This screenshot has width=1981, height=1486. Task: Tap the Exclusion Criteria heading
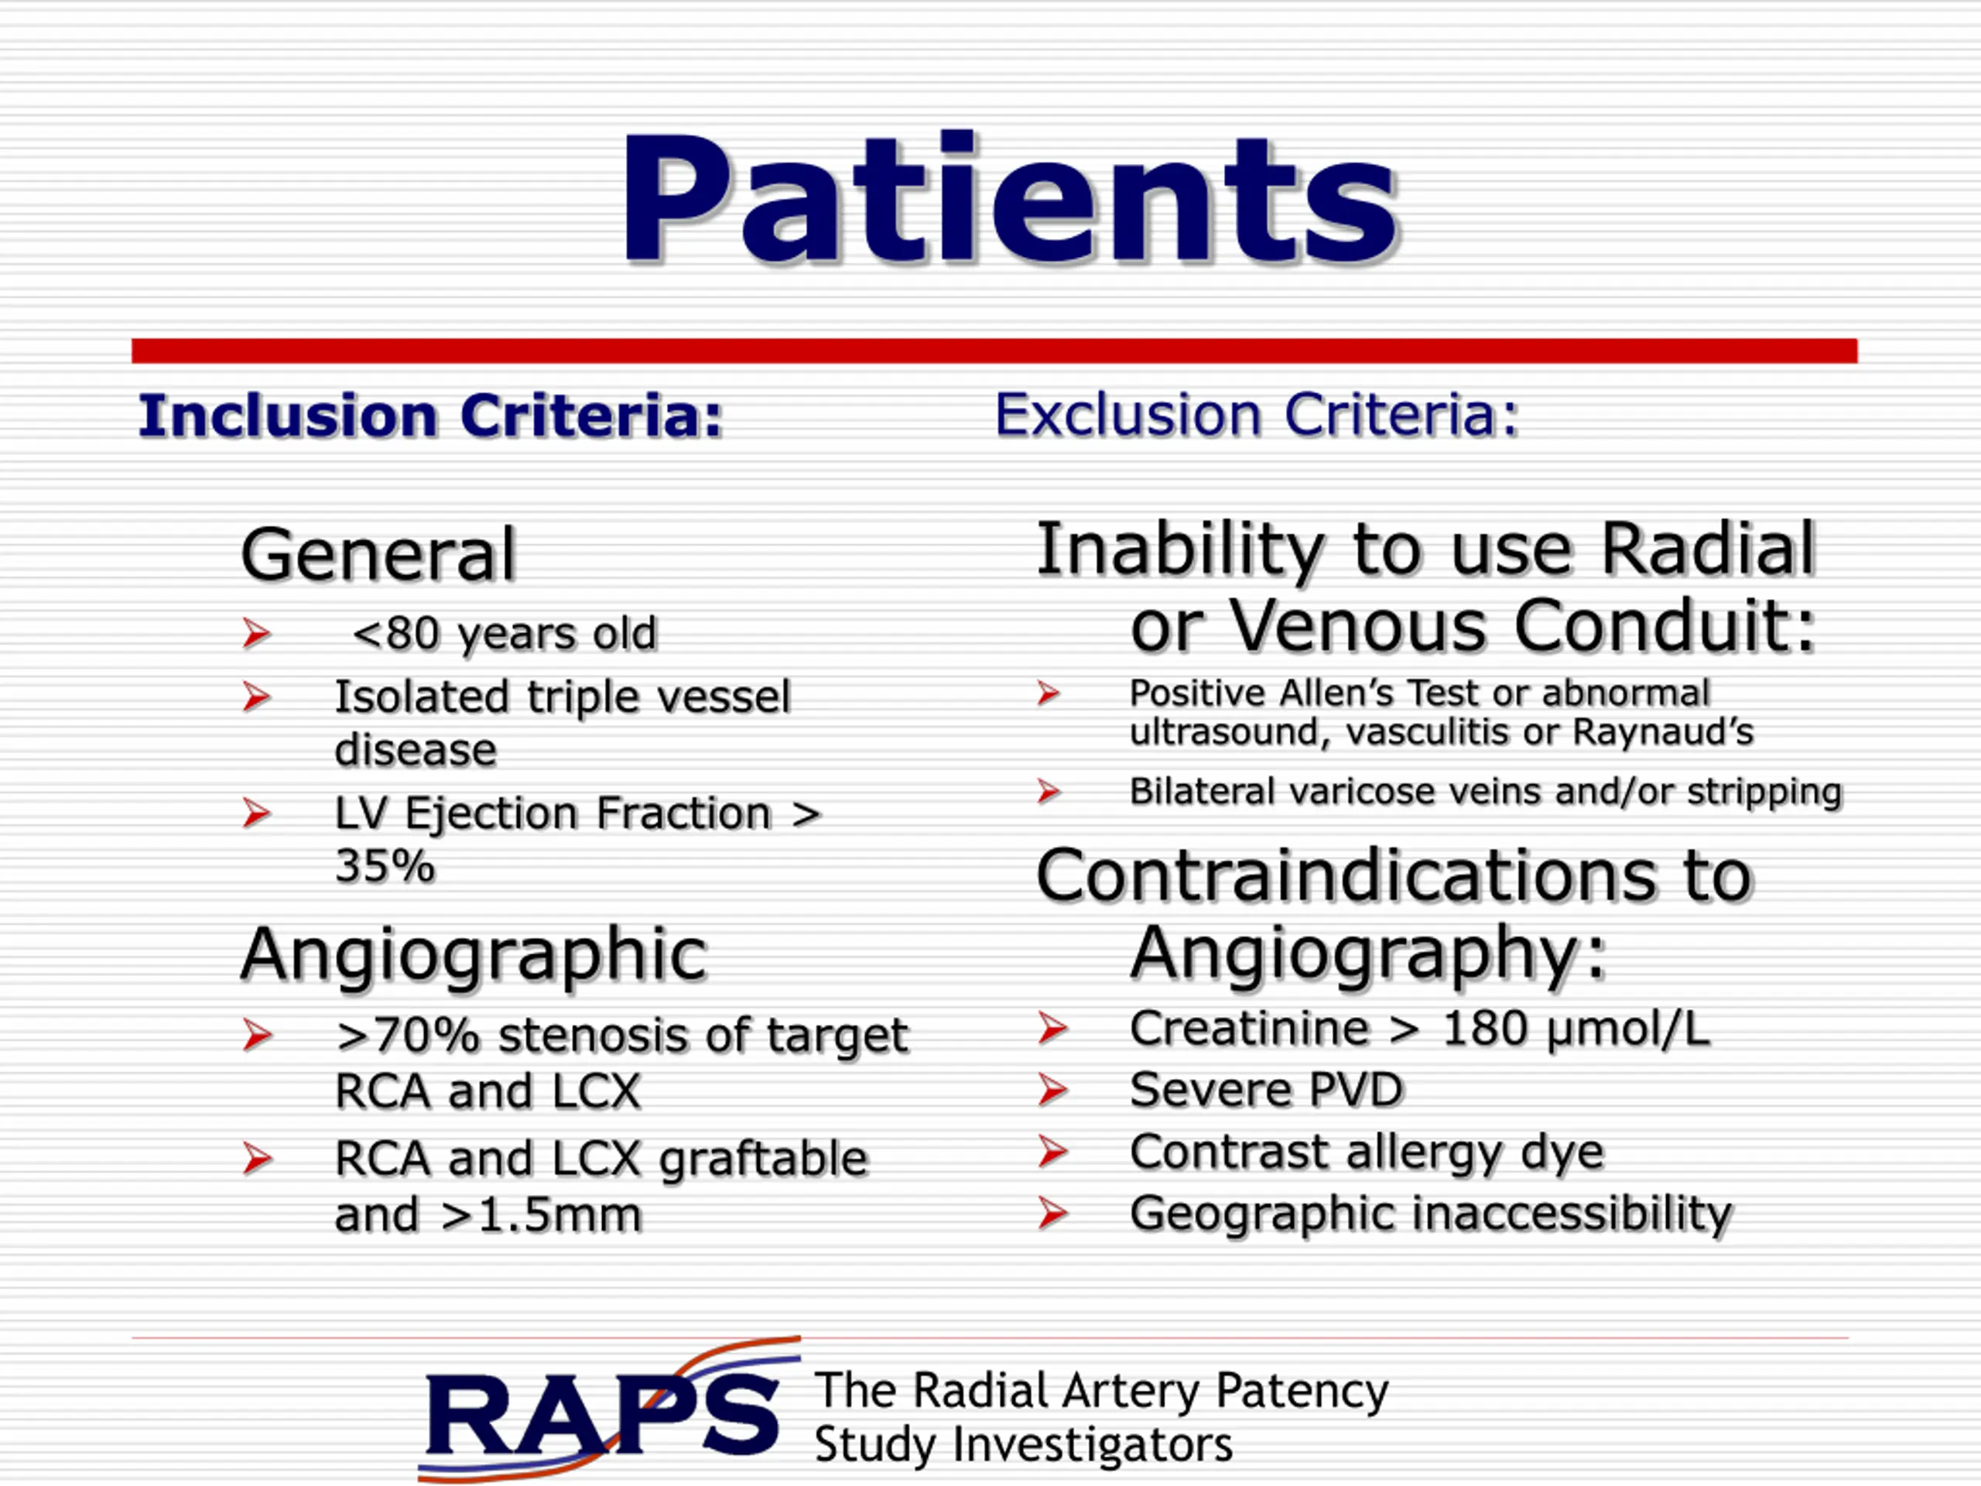tap(1257, 415)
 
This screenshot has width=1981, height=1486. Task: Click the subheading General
tap(378, 554)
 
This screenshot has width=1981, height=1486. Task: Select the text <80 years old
tap(505, 634)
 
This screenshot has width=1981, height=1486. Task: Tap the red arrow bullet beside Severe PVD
tap(1053, 1090)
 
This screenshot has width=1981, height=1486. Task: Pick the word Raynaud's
tap(1663, 733)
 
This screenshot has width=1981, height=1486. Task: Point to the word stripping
tap(1764, 793)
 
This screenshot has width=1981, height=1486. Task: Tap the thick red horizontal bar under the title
tap(994, 351)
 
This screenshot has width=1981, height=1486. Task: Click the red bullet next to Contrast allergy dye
tap(1053, 1152)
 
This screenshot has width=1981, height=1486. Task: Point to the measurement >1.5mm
tap(541, 1214)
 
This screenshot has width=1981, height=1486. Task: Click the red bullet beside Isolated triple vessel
tap(256, 697)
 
